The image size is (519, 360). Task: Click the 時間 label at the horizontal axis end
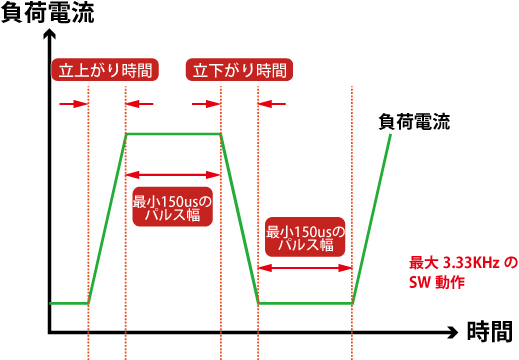(489, 331)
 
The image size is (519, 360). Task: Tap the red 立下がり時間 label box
(240, 70)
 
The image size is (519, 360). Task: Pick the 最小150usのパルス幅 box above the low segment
(305, 236)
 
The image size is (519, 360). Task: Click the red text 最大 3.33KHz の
(463, 263)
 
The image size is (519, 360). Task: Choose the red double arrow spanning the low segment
(305, 267)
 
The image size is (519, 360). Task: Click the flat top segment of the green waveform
(172, 134)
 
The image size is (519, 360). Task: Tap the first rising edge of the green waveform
(106, 218)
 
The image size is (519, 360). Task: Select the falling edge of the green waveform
(239, 218)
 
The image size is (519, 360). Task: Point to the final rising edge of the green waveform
(372, 218)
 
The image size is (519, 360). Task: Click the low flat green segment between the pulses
(305, 302)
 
